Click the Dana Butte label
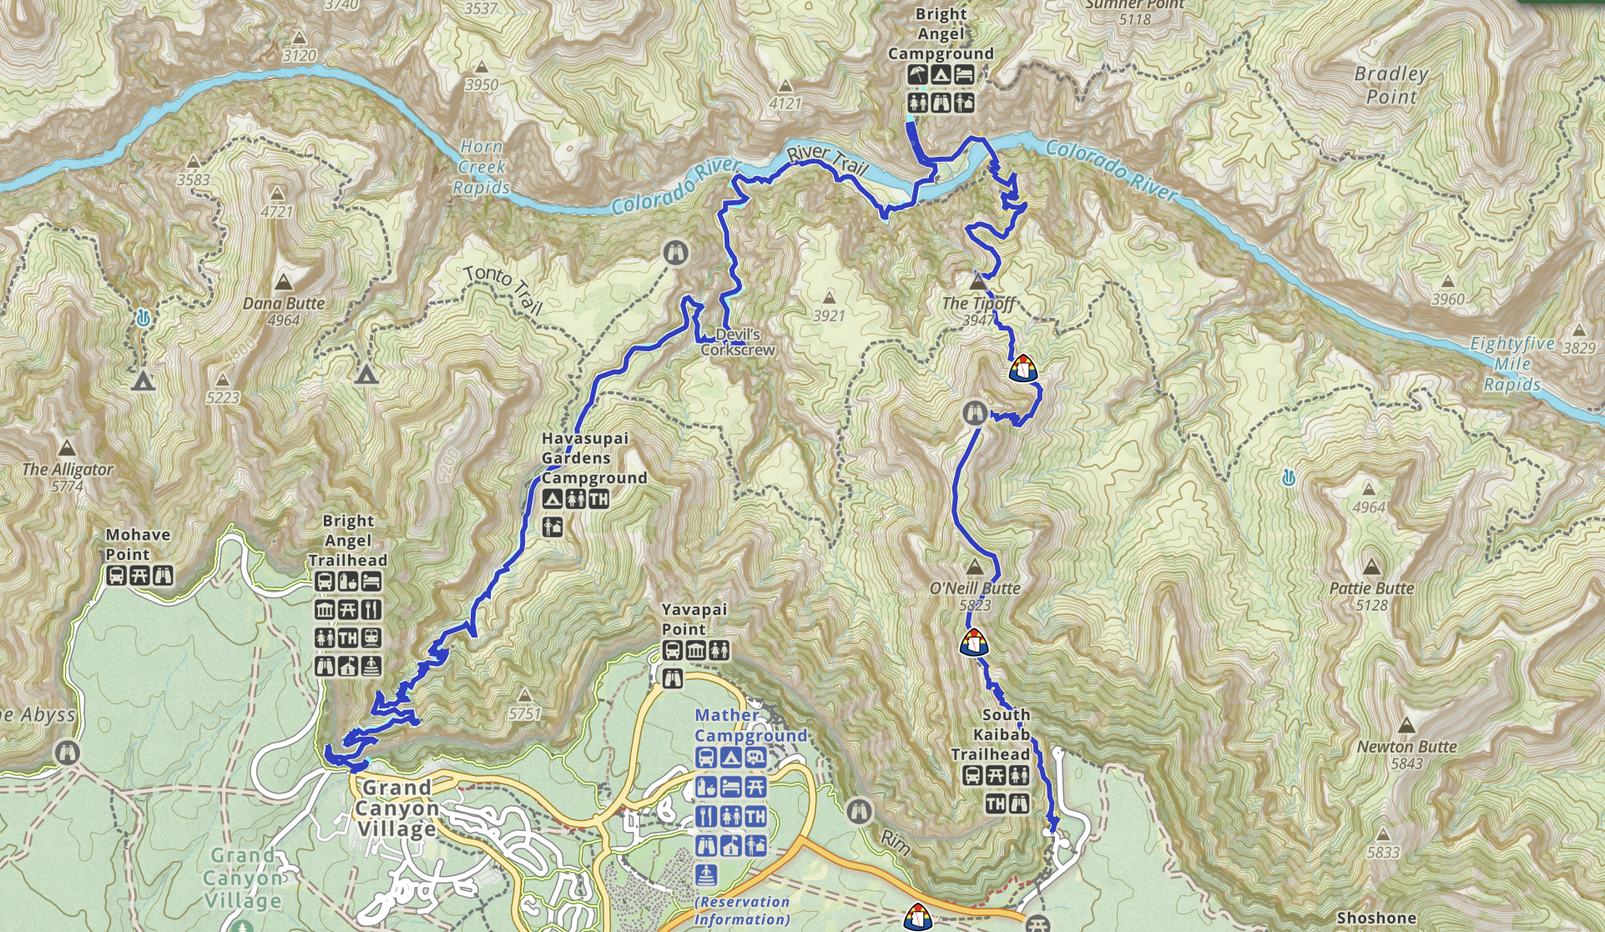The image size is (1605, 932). pyautogui.click(x=284, y=304)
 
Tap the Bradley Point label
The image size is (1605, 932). pyautogui.click(x=1391, y=85)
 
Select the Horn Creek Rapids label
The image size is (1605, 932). pyautogui.click(x=482, y=167)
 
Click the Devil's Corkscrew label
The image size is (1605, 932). pyautogui.click(x=738, y=342)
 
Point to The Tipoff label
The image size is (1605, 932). pyautogui.click(x=978, y=304)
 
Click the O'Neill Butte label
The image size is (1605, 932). pyautogui.click(x=975, y=588)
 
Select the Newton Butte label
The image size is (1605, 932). pyautogui.click(x=1406, y=747)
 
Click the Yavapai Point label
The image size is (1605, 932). pyautogui.click(x=694, y=619)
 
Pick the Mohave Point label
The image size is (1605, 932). pyautogui.click(x=138, y=544)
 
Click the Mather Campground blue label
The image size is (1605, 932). pyautogui.click(x=750, y=725)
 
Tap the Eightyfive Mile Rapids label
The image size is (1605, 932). pyautogui.click(x=1512, y=364)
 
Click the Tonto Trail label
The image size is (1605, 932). pyautogui.click(x=503, y=289)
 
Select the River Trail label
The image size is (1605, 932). pyautogui.click(x=828, y=159)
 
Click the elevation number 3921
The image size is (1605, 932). pyautogui.click(x=829, y=316)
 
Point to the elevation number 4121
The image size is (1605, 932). pyautogui.click(x=785, y=104)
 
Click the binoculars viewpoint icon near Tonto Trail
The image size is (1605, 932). pyautogui.click(x=675, y=252)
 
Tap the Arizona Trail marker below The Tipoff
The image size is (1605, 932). pyautogui.click(x=1022, y=368)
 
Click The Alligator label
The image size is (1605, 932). pyautogui.click(x=68, y=470)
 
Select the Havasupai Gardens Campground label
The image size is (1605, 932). pyautogui.click(x=593, y=458)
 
